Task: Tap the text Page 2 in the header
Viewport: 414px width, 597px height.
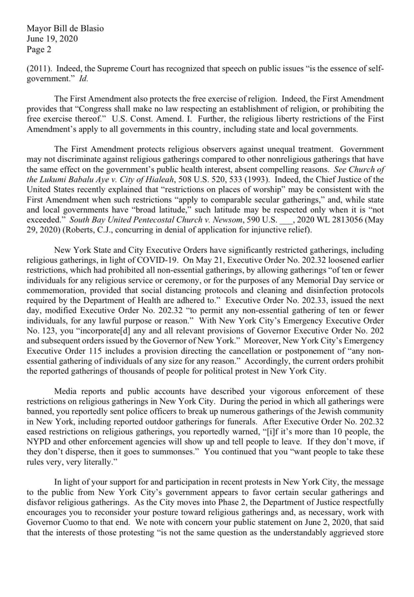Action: (x=39, y=49)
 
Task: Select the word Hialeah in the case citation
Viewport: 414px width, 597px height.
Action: (x=160, y=180)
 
